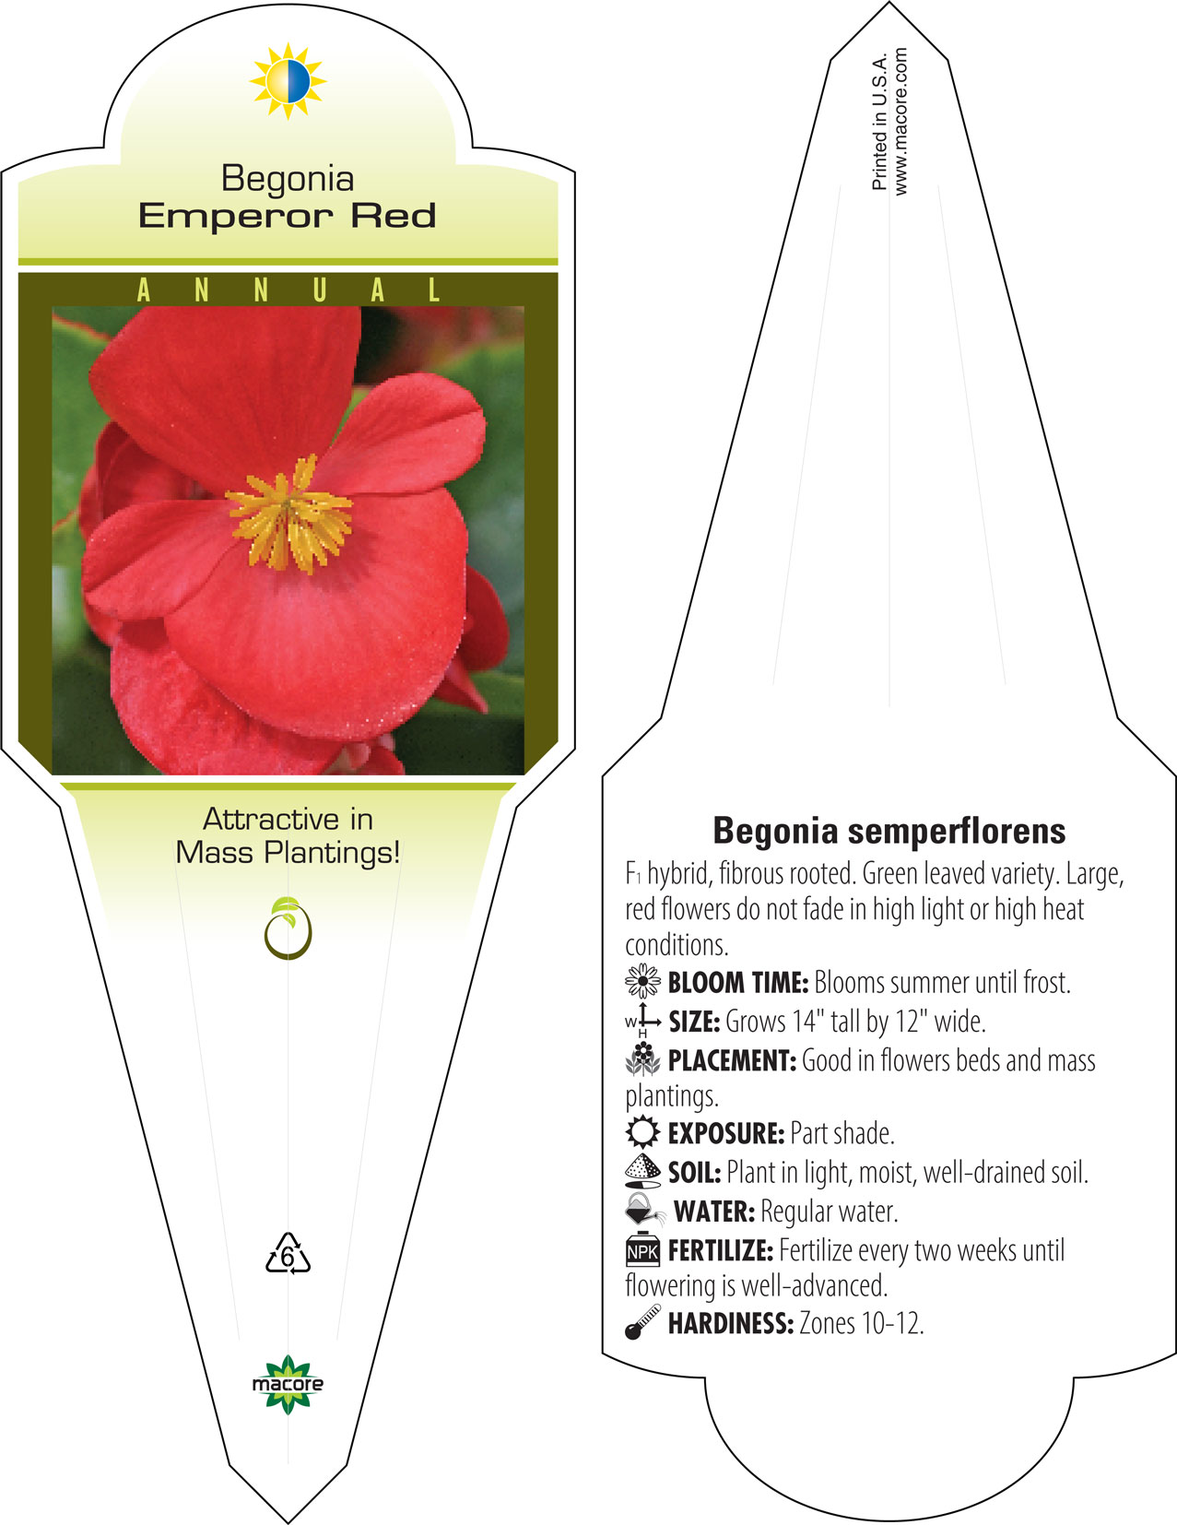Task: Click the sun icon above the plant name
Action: coord(288,81)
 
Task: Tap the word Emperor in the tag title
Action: coord(235,217)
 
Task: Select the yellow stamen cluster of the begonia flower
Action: coord(289,513)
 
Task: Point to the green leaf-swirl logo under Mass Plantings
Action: coord(288,928)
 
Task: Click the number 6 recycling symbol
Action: coord(288,1253)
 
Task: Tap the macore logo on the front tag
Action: coord(288,1385)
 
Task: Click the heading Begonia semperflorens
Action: coord(889,831)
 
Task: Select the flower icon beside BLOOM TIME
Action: coord(642,981)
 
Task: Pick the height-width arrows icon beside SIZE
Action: coord(642,1021)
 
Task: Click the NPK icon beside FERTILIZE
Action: coord(642,1250)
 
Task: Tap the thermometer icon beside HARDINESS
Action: coord(642,1322)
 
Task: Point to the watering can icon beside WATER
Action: coord(644,1209)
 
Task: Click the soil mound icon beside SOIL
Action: coord(642,1171)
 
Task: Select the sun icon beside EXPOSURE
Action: coord(642,1132)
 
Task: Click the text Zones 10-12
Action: coord(862,1324)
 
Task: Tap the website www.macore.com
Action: coord(900,122)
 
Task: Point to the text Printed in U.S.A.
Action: coord(879,121)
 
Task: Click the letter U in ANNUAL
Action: coord(319,290)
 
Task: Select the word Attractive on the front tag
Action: coord(271,819)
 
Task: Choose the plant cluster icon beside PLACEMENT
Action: coord(642,1059)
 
